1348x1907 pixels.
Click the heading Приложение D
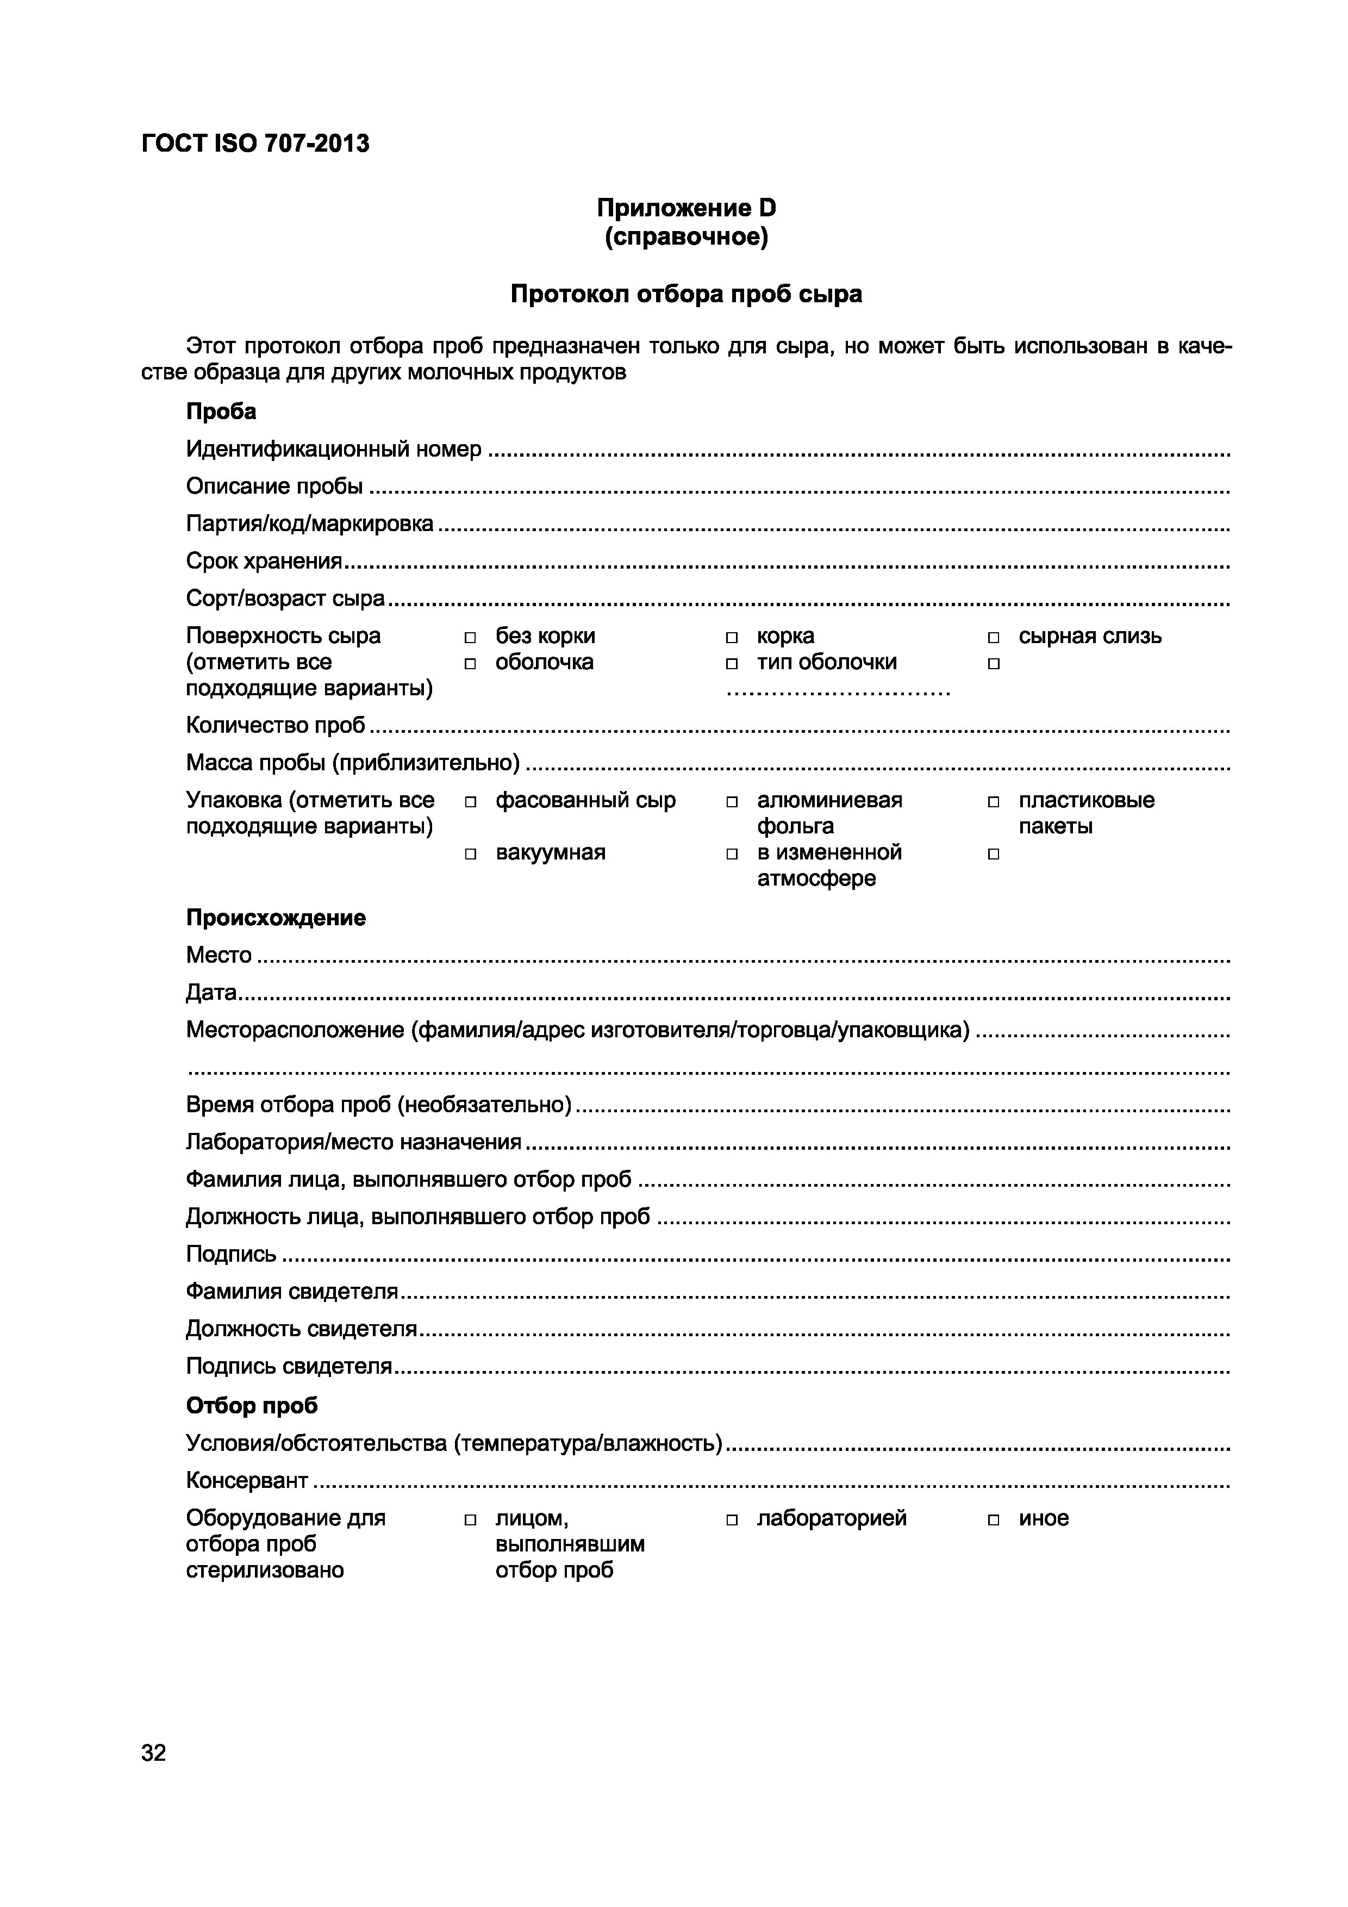[x=686, y=208]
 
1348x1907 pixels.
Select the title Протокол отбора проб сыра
[x=686, y=294]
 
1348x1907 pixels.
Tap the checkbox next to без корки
[x=470, y=638]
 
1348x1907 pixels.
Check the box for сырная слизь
[x=993, y=638]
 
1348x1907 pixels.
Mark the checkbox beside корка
[x=732, y=638]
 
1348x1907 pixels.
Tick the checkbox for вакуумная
[x=470, y=854]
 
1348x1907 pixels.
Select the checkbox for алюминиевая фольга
[x=732, y=802]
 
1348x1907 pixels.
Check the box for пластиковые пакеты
[x=993, y=802]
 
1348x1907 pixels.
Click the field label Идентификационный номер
[x=333, y=450]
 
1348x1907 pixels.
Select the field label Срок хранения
[x=263, y=562]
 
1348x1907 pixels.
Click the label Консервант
[x=247, y=1480]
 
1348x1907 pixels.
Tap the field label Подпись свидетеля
[x=288, y=1366]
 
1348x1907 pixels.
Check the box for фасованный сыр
[x=470, y=802]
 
